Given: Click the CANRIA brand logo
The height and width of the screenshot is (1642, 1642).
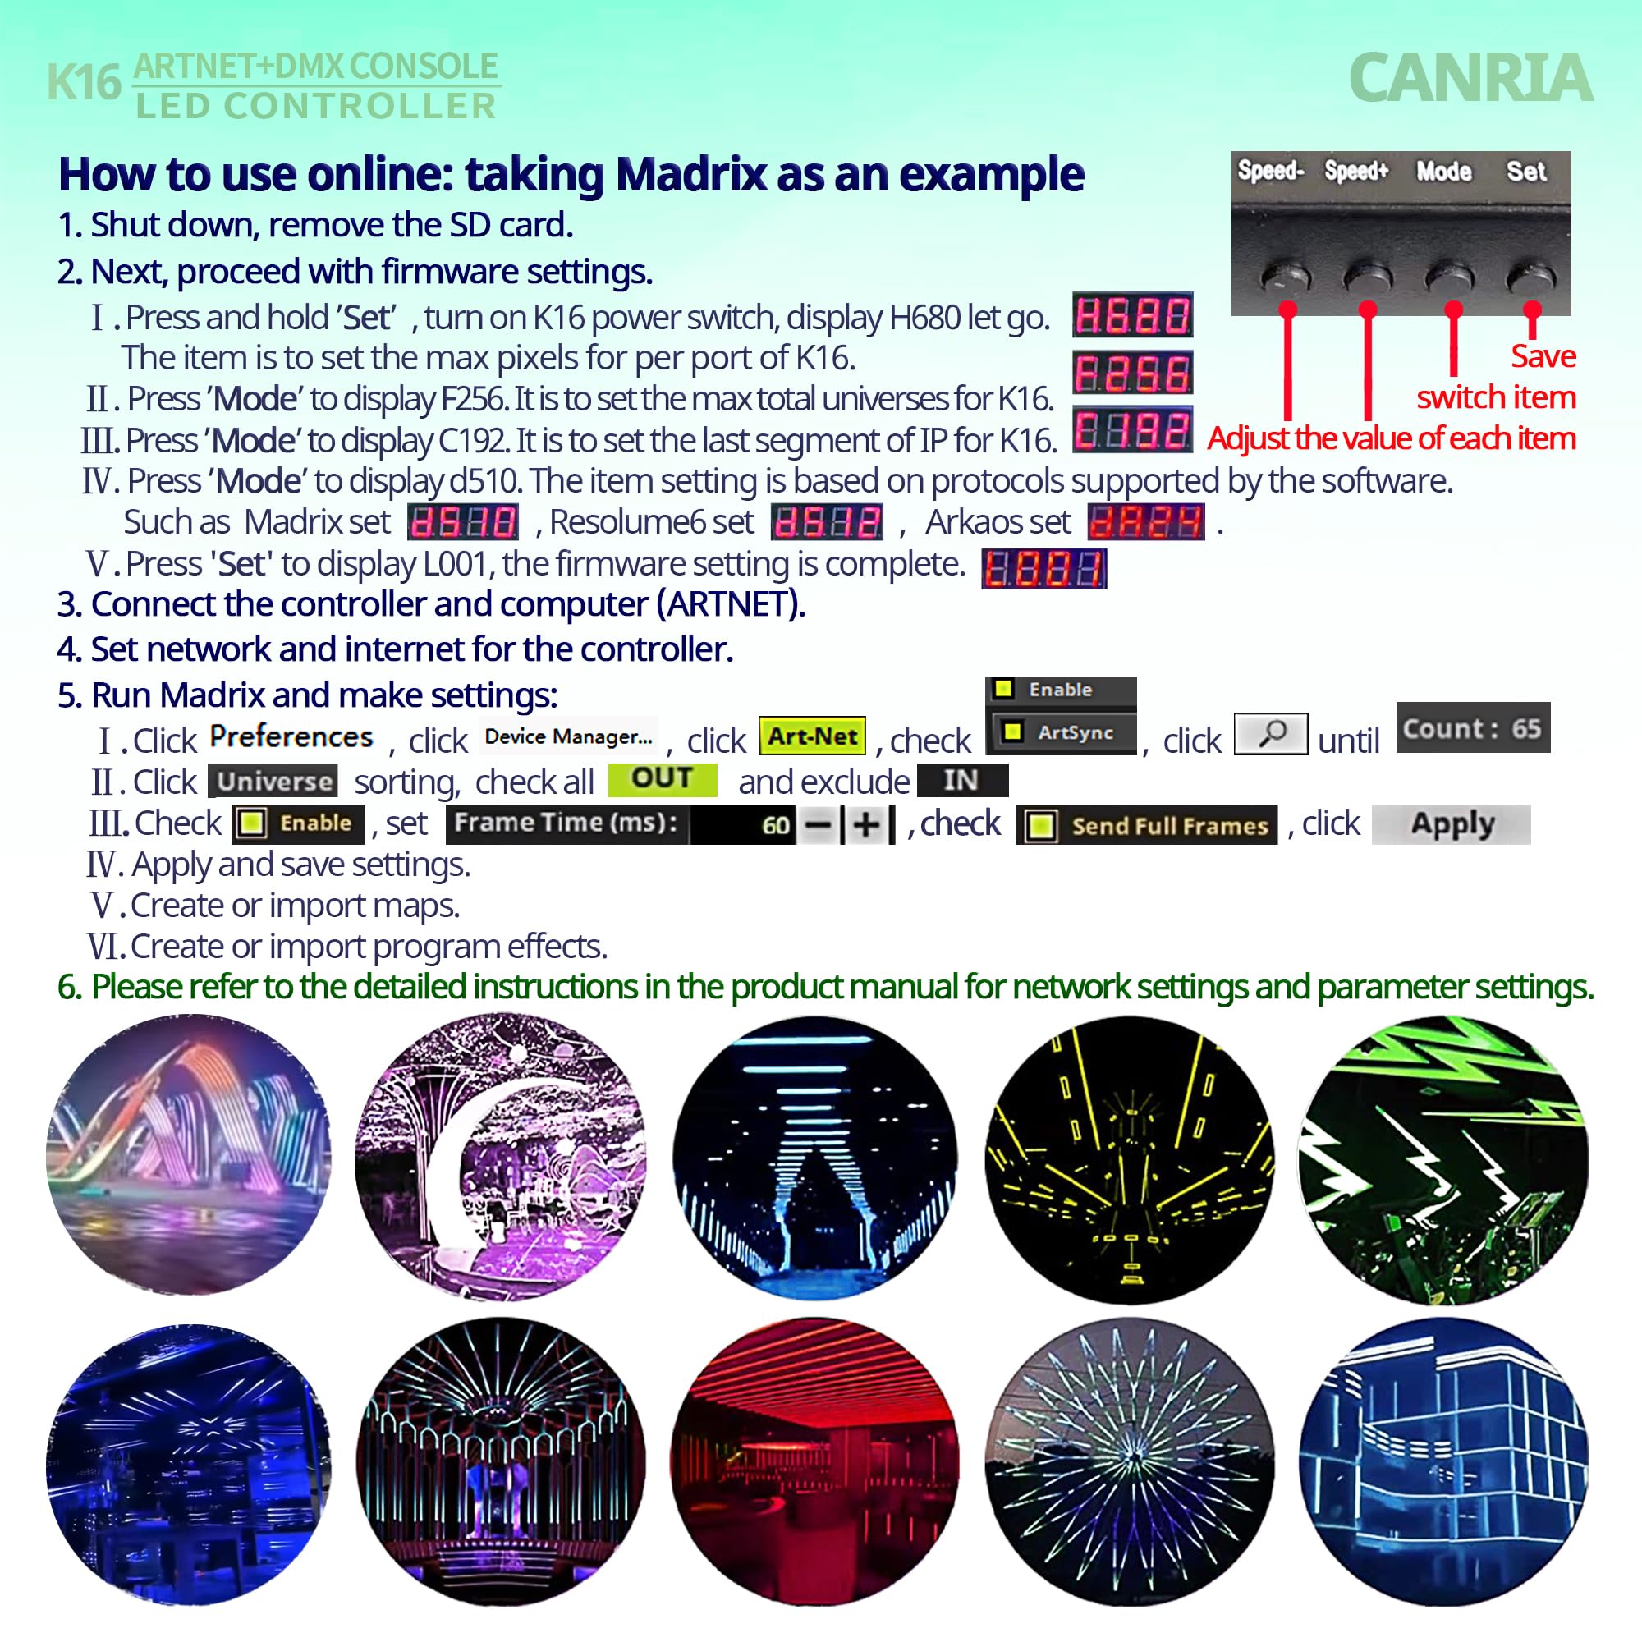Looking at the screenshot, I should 1470,78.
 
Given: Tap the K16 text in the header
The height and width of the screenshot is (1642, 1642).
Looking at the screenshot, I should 83,83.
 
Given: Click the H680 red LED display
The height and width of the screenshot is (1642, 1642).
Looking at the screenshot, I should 1132,316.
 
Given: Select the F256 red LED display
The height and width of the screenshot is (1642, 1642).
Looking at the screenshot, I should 1132,373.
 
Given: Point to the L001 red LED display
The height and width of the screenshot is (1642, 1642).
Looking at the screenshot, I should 1043,569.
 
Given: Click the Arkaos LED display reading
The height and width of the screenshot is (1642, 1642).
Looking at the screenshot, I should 1145,522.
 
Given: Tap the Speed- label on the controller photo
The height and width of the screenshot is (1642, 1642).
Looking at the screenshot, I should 1270,172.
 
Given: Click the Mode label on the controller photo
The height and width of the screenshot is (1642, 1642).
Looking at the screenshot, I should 1443,172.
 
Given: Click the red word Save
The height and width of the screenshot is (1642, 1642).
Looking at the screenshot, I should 1543,356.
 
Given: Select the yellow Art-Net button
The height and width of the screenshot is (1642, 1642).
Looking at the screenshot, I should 812,736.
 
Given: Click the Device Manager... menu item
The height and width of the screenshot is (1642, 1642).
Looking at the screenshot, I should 569,736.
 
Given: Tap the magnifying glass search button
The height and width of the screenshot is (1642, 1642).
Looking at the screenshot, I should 1271,732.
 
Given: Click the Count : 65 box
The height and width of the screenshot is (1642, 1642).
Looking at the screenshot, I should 1472,728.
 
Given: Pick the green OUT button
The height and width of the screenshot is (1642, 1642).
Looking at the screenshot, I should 662,778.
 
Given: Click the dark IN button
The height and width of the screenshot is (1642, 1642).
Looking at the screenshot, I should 962,780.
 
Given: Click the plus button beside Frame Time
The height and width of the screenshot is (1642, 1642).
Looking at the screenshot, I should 866,824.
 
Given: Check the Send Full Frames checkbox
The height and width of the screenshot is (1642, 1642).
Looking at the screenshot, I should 1041,825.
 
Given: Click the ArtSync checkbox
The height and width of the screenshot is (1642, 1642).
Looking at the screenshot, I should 1012,731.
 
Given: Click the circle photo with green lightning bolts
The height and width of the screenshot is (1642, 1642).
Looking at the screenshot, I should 1442,1159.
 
